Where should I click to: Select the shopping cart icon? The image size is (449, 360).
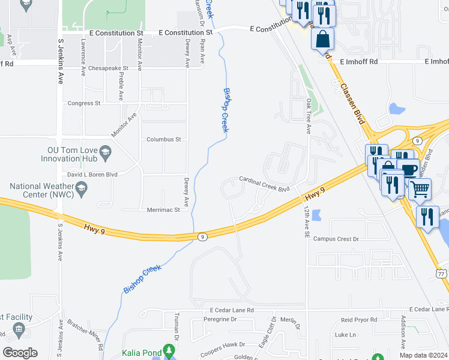[x=420, y=189]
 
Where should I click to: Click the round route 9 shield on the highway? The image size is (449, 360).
[x=203, y=237]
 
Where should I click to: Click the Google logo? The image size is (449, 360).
[x=20, y=353]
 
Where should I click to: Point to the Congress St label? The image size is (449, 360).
[x=84, y=103]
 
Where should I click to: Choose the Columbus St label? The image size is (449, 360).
[x=164, y=139]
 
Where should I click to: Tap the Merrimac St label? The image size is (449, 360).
[x=164, y=210]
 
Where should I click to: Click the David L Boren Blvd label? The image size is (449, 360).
[x=92, y=174]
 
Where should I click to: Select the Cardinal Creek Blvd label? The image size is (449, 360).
[x=264, y=184]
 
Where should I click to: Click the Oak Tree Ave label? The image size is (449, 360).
[x=309, y=116]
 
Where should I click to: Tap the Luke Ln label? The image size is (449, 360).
[x=345, y=335]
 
